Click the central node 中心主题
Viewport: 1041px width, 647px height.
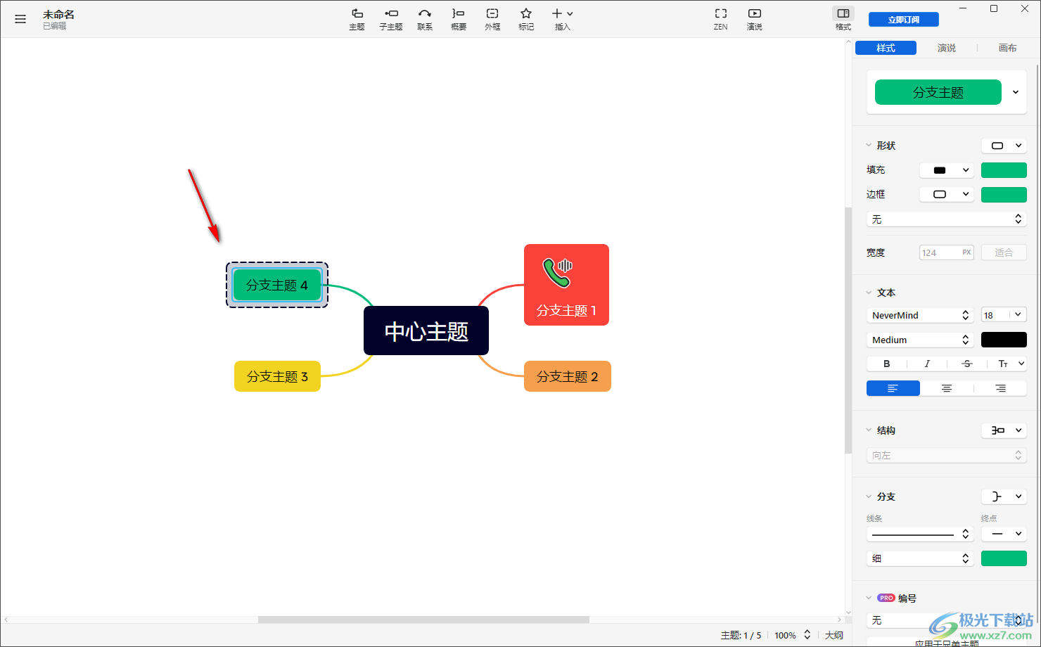[x=426, y=331]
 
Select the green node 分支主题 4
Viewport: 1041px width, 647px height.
[x=276, y=285]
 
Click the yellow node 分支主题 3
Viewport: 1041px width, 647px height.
[x=277, y=376]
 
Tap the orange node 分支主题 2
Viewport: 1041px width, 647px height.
[x=567, y=376]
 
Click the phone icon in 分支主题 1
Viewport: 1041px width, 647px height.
[x=557, y=273]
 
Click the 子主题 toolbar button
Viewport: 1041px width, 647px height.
[x=391, y=19]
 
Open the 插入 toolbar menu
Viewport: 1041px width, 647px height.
[x=563, y=19]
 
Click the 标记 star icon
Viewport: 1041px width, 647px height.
[x=526, y=14]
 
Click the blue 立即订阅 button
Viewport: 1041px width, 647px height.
[x=903, y=20]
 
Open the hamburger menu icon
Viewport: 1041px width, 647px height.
[x=20, y=19]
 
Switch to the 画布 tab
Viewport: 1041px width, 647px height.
[x=1007, y=48]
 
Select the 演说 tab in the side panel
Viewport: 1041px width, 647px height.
[x=946, y=48]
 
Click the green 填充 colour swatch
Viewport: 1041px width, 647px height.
[x=1004, y=170]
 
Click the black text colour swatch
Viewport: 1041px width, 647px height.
[x=1004, y=340]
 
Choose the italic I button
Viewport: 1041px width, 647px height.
[x=927, y=364]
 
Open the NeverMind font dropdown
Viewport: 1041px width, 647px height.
[x=919, y=315]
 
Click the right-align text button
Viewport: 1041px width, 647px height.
[x=1000, y=388]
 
